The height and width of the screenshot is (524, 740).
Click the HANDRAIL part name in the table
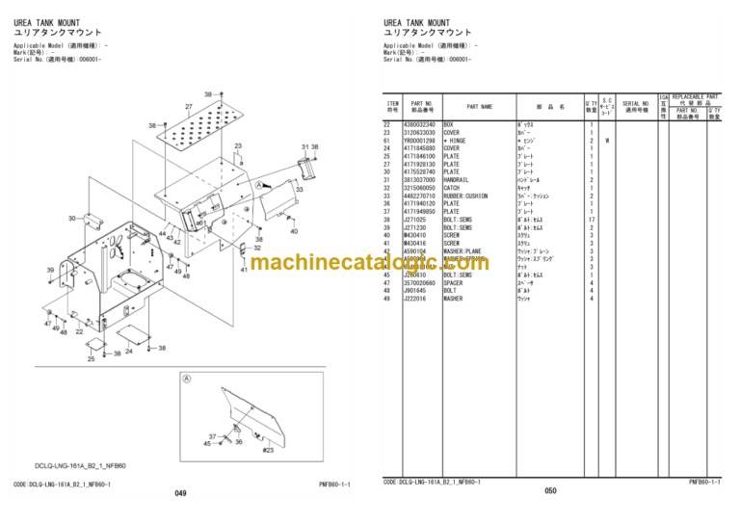(x=459, y=179)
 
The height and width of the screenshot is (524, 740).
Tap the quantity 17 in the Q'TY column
(x=591, y=219)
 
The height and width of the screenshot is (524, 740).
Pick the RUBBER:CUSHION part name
(x=467, y=196)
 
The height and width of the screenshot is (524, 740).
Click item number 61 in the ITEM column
(x=389, y=141)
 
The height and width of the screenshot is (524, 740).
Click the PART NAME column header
(x=479, y=107)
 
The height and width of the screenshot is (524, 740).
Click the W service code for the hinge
(x=607, y=141)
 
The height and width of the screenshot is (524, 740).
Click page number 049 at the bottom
(x=180, y=493)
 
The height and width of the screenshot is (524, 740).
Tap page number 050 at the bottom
(x=550, y=491)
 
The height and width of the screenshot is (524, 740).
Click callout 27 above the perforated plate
(x=189, y=106)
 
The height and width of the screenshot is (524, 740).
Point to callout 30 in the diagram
(x=71, y=219)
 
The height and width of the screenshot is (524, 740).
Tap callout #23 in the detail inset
(x=268, y=448)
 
